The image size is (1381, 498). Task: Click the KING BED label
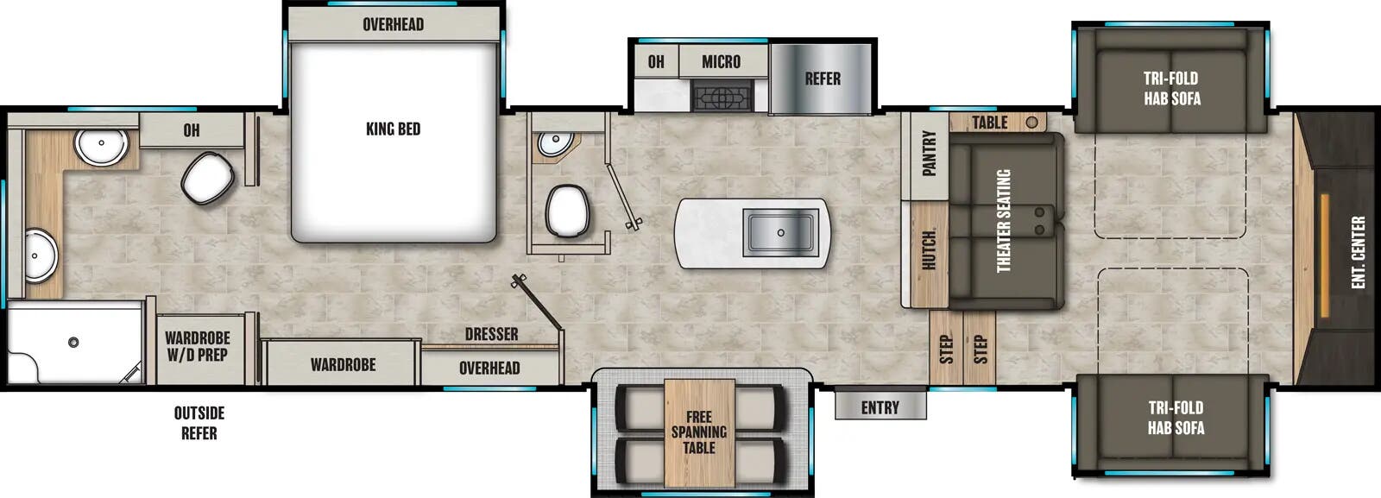pos(393,129)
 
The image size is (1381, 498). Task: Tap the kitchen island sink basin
pos(781,231)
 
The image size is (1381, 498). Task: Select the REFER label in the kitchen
pos(822,79)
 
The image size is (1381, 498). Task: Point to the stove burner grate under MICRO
pos(723,96)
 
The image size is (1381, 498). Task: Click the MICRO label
pos(721,61)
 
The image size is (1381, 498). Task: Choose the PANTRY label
pos(929,154)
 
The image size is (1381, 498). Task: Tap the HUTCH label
pos(929,250)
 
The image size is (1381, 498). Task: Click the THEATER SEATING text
pos(1004,220)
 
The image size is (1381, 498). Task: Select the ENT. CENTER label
pos(1358,252)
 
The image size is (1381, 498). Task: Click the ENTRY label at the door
pos(880,407)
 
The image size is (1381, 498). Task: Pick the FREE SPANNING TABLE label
pos(699,432)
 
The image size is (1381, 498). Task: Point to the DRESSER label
pos(491,334)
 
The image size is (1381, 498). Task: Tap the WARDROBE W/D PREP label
pos(198,346)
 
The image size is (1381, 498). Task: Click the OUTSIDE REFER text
pos(199,423)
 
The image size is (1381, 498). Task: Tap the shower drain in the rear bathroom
pos(73,343)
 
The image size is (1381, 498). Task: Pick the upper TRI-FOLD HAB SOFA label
pos(1171,88)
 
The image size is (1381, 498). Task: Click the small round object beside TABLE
pos(1031,123)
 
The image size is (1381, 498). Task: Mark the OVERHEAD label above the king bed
pos(393,24)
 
